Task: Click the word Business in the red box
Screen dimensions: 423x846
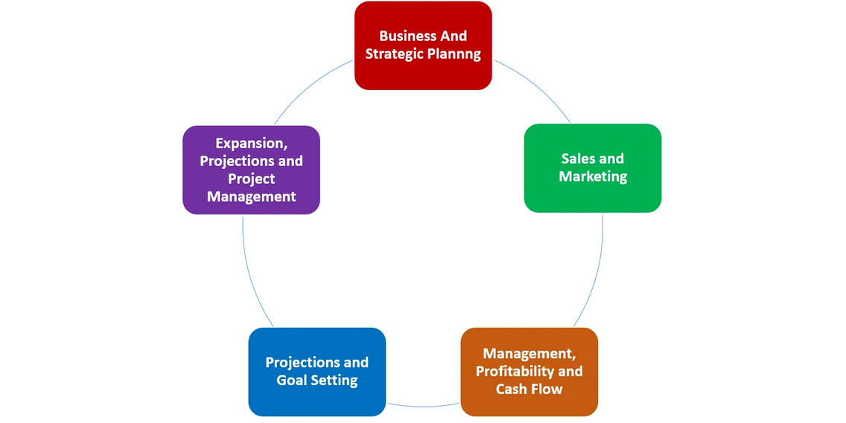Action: point(401,36)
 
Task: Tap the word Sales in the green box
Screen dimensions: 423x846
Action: point(576,159)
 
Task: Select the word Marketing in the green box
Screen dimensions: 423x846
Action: point(593,177)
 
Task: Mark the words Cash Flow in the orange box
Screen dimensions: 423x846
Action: point(529,389)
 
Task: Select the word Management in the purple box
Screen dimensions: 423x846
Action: point(252,197)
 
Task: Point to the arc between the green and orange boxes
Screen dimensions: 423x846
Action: point(595,276)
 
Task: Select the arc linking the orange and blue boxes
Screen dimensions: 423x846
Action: point(423,406)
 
